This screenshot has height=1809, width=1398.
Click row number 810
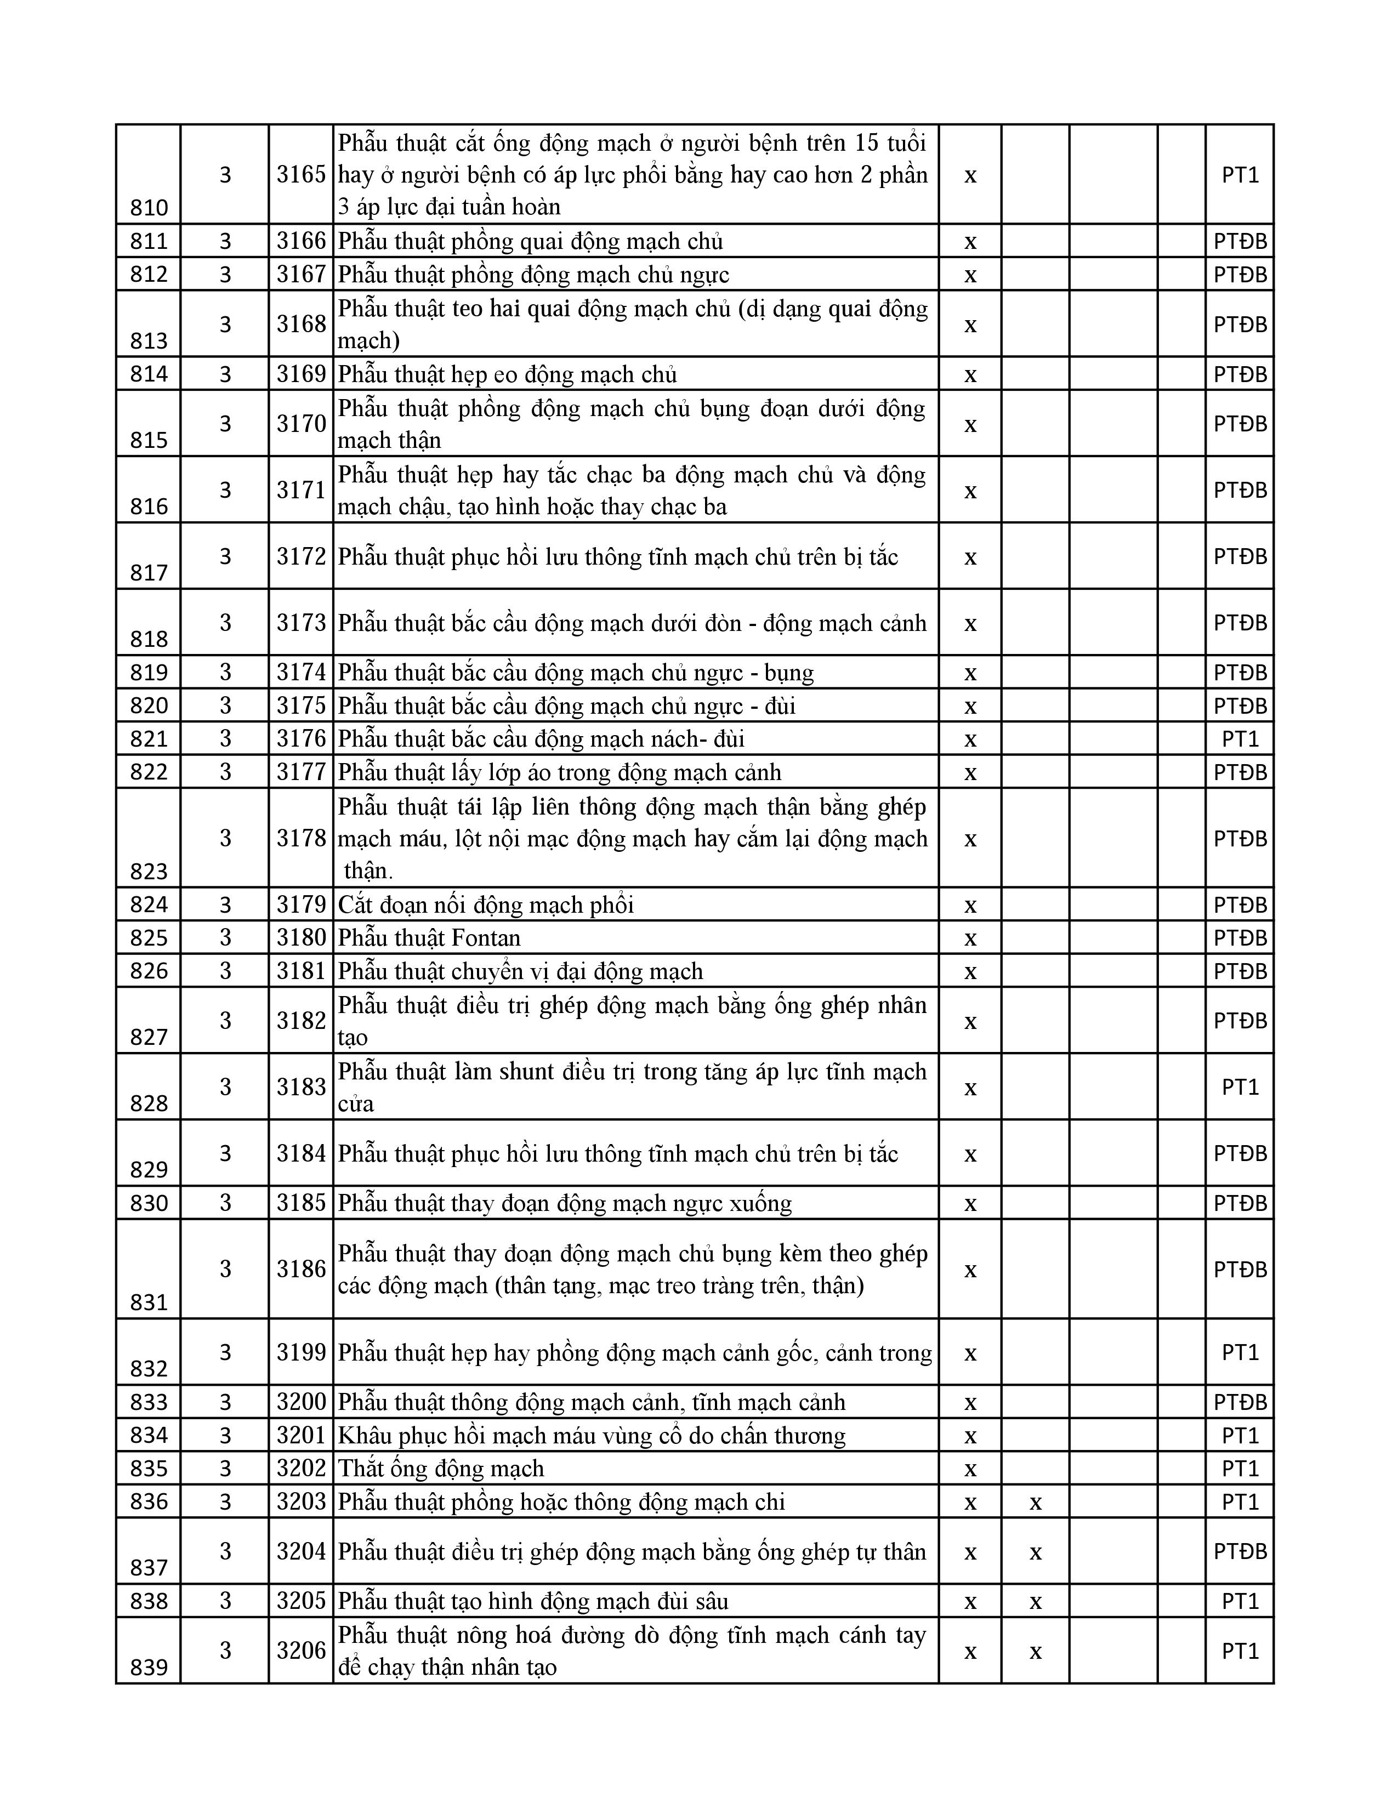pos(149,208)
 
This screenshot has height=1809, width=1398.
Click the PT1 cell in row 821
pos(1240,738)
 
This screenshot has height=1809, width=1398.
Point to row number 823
pos(149,872)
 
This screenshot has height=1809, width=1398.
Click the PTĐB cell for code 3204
pos(1240,1551)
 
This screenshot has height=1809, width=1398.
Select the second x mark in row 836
pos(1035,1501)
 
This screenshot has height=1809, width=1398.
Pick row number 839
pos(149,1668)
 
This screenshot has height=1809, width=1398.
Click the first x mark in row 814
pos(970,374)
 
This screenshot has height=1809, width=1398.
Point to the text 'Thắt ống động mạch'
pos(441,1469)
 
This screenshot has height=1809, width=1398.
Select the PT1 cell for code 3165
pos(1240,175)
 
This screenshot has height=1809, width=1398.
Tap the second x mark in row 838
pos(1035,1601)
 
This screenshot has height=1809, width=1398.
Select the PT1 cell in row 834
pos(1240,1436)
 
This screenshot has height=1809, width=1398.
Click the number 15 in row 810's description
pos(866,143)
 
